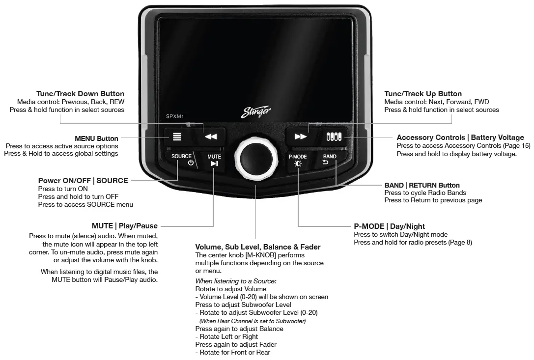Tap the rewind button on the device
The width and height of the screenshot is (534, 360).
[210, 137]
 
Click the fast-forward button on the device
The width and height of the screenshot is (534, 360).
[300, 137]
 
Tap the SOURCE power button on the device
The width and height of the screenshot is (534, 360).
[182, 160]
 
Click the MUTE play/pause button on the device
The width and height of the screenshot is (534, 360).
[214, 161]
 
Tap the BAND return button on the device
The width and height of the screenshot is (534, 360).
[330, 160]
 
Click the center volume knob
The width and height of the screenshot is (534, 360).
[255, 157]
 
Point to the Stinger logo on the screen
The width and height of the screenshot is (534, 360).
[256, 111]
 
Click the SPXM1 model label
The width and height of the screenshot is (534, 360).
[174, 116]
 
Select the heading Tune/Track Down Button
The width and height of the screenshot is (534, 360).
[80, 94]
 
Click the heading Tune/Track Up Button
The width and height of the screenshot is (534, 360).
[423, 94]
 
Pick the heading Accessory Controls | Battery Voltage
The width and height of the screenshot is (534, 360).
[460, 138]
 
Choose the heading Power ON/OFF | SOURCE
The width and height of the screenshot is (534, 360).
[83, 181]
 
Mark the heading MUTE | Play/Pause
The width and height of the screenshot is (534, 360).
[125, 226]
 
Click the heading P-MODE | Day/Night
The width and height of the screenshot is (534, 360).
[390, 226]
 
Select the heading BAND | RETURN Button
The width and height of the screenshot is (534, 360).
[422, 185]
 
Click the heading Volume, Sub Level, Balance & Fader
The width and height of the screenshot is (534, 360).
[258, 247]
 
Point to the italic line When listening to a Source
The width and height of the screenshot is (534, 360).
[236, 281]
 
